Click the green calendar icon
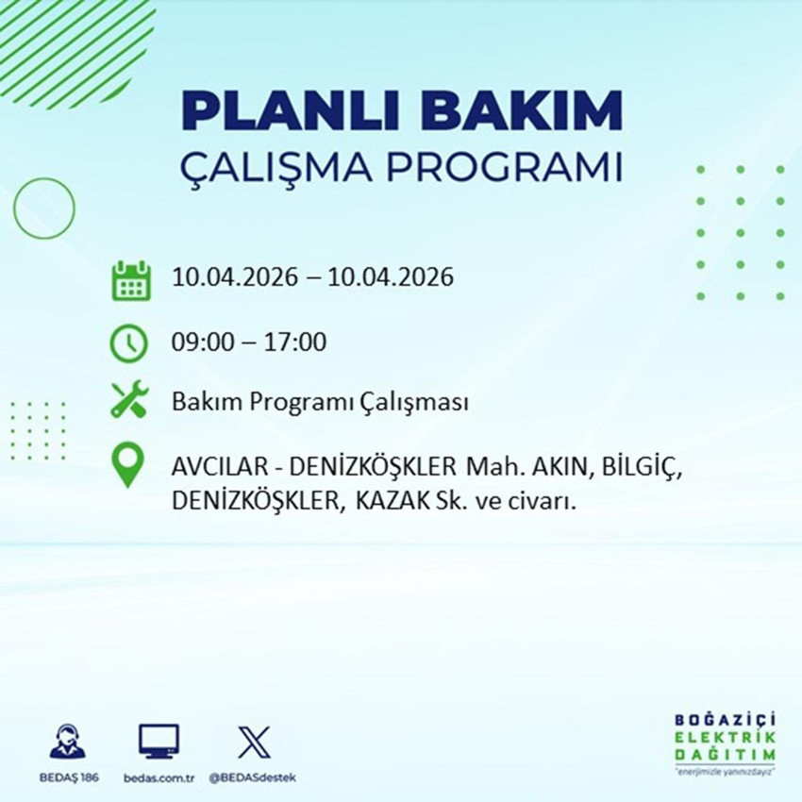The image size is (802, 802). click(x=131, y=279)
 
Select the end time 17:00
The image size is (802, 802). click(x=296, y=342)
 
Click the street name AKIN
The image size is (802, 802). click(x=560, y=467)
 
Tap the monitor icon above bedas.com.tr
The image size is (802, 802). click(x=159, y=743)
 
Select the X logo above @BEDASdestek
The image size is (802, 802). click(x=253, y=743)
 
